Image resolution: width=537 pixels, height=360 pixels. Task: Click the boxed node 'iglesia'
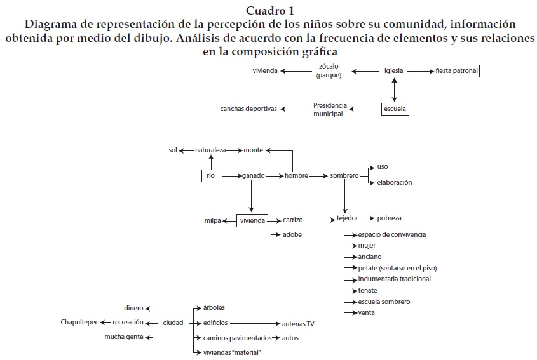395,71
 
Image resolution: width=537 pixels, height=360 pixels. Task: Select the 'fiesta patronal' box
457,71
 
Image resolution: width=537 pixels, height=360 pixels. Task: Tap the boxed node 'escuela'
395,109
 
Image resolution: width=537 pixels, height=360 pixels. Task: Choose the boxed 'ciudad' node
173,323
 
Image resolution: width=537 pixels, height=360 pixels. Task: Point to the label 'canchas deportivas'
248,109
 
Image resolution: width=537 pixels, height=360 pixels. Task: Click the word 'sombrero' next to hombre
344,175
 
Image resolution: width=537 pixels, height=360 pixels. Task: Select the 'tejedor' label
348,218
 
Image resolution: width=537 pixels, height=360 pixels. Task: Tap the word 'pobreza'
390,218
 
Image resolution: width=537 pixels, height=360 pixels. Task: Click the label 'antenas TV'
298,324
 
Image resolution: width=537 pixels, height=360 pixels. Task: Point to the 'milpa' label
212,221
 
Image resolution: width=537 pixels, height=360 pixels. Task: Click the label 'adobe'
292,235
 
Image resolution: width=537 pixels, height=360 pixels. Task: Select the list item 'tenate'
368,290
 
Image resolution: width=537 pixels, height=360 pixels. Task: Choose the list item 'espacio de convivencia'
392,235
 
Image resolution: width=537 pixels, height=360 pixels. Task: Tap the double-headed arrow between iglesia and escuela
395,90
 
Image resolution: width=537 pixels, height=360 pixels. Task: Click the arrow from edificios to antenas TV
254,323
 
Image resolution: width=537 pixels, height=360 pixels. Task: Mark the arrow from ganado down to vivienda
252,194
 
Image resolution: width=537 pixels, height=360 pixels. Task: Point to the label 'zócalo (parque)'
329,71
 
